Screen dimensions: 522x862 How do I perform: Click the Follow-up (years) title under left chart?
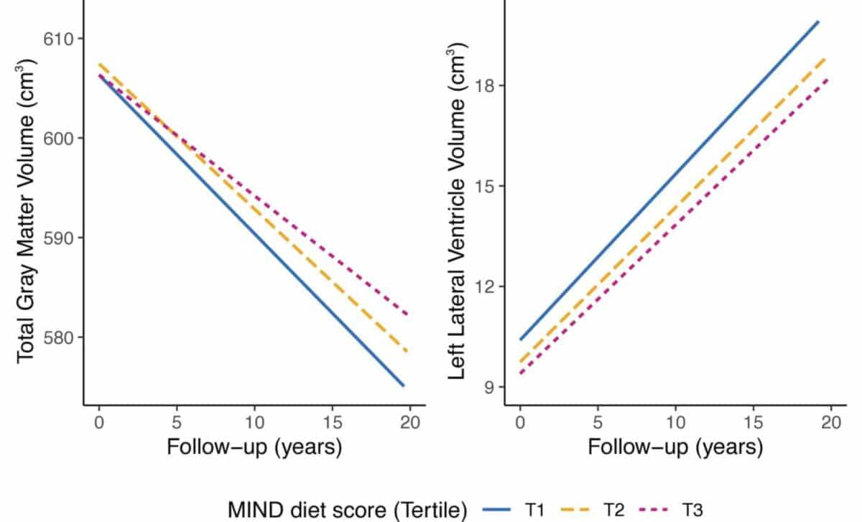[x=254, y=447]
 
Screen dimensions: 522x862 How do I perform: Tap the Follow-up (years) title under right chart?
[x=675, y=447]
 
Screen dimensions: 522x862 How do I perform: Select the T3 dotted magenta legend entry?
[x=679, y=510]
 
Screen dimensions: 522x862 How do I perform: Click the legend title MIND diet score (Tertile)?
[x=348, y=510]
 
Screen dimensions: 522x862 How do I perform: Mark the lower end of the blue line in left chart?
[x=404, y=386]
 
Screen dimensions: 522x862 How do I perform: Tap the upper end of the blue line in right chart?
[x=818, y=22]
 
